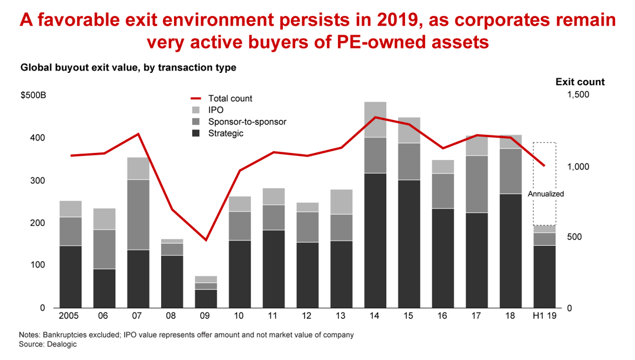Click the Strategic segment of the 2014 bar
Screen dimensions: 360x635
(375, 240)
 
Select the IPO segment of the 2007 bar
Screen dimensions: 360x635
(138, 168)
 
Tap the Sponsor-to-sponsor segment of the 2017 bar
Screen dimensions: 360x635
(476, 184)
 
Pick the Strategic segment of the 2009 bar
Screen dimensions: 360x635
(206, 298)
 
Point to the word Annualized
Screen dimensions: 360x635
(546, 194)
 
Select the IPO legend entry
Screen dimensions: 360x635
(215, 110)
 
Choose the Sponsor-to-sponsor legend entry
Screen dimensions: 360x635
(247, 122)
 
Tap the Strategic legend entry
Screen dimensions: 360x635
(225, 134)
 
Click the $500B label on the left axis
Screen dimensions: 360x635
(34, 95)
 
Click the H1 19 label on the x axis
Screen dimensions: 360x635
(544, 316)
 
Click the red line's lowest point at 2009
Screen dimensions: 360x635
(206, 240)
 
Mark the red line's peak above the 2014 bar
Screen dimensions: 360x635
(375, 117)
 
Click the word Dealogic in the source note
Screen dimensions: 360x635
(61, 345)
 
